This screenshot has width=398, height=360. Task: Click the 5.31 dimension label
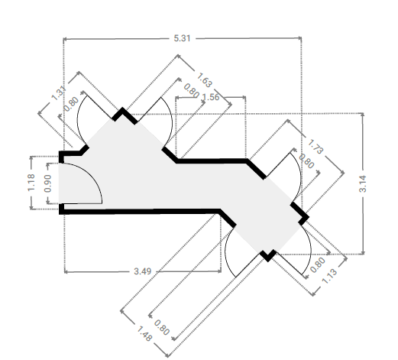point(182,38)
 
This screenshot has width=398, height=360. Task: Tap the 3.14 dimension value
point(363,183)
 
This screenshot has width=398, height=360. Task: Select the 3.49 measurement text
point(143,271)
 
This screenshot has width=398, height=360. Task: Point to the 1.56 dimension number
point(210,97)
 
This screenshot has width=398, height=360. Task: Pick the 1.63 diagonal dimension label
point(204,80)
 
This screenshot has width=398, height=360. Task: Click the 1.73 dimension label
point(315,147)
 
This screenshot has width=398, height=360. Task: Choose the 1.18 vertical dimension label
point(31,183)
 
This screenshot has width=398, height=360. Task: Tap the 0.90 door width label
point(47,183)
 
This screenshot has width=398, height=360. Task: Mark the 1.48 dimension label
point(144,334)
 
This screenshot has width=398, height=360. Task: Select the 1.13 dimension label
point(329,276)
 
